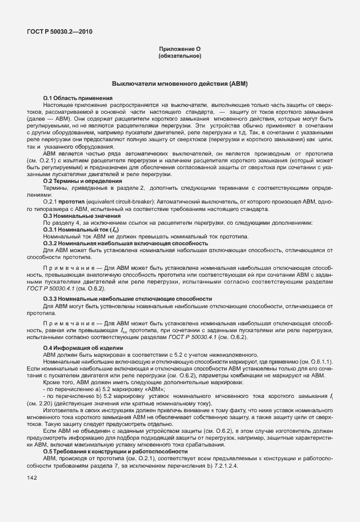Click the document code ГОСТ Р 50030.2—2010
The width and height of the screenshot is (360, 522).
coord(59,32)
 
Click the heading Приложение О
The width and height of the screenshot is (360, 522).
coord(179,50)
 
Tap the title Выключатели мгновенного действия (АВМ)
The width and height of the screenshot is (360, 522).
coord(179,84)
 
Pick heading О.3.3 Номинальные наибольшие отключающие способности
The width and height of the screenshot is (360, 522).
coord(119,300)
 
